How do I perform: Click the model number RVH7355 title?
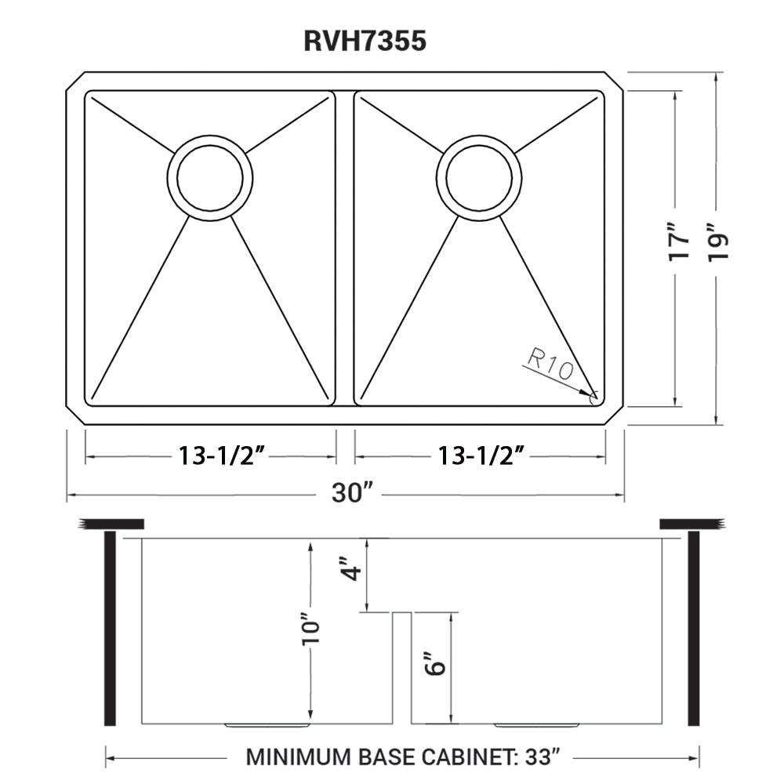(365, 41)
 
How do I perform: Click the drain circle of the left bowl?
(210, 177)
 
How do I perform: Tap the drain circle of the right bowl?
(479, 177)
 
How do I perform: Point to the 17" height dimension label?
(681, 243)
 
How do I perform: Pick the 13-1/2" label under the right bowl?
(481, 456)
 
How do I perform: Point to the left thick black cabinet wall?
(111, 628)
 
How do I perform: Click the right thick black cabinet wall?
(693, 628)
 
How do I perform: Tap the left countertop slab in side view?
(111, 524)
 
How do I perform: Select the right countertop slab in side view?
(690, 524)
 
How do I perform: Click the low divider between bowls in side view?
(401, 666)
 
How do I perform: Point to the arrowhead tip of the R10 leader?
(593, 394)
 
